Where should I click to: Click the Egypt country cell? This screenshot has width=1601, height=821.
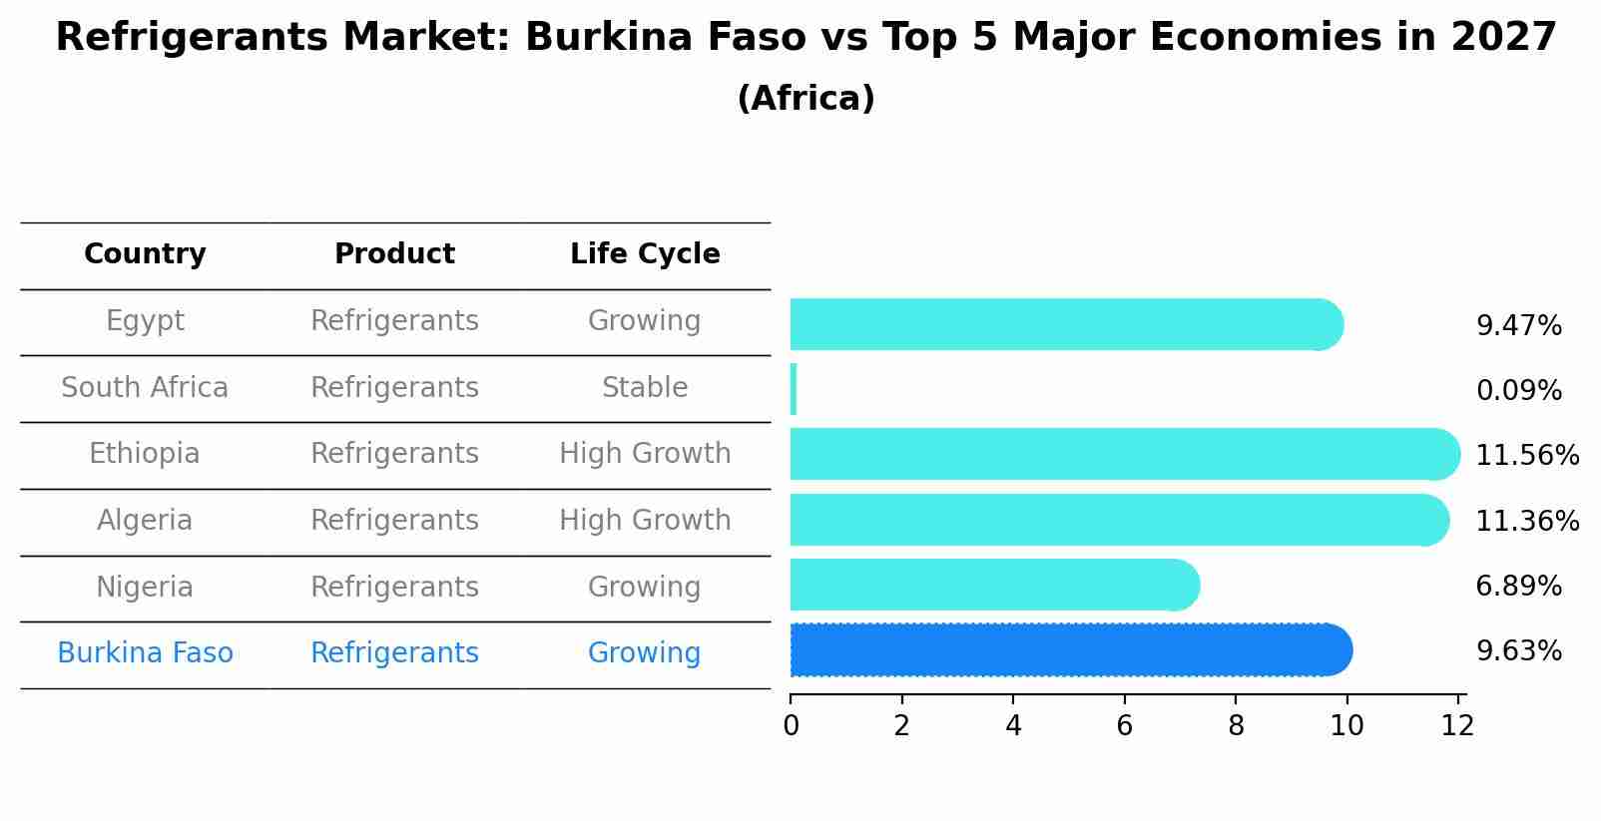click(145, 321)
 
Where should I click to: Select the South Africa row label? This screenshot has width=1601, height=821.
click(145, 388)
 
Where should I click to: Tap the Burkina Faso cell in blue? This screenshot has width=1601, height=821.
click(145, 653)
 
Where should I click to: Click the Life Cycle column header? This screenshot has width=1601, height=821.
click(645, 254)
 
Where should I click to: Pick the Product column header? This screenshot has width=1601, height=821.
click(394, 254)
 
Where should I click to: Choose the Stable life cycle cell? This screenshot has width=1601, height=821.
click(645, 388)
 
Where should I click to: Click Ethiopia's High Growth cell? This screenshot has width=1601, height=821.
click(645, 454)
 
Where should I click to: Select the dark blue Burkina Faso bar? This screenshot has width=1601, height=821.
click(1068, 650)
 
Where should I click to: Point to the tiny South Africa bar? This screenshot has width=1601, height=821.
click(794, 389)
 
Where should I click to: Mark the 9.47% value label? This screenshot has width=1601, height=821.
click(1518, 326)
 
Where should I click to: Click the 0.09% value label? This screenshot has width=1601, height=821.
click(1518, 391)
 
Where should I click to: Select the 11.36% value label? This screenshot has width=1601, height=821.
click(1527, 522)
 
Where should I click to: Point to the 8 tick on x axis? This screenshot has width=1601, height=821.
click(1236, 726)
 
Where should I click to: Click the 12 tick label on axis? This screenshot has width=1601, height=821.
click(1457, 726)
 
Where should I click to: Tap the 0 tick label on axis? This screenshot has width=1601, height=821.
click(791, 726)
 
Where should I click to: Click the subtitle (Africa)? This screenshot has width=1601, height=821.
click(805, 99)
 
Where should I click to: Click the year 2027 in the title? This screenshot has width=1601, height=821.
click(1503, 38)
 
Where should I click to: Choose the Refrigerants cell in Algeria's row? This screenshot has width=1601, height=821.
click(394, 521)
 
